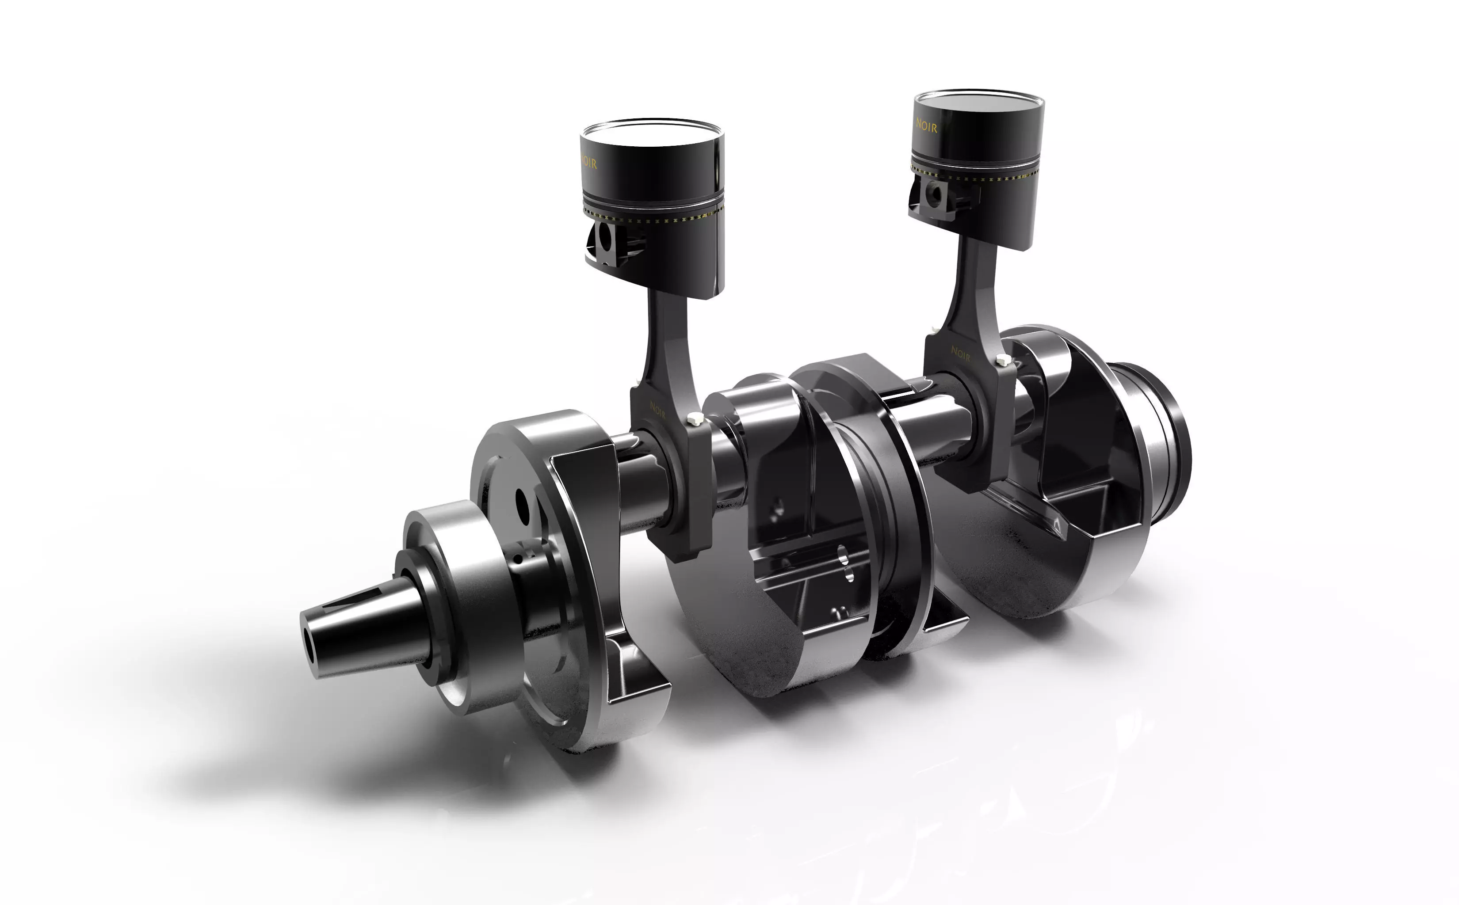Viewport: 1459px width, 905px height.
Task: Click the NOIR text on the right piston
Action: (926, 125)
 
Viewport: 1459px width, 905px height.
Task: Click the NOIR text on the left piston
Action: (588, 163)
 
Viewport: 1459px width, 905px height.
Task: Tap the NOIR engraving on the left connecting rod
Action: (657, 410)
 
